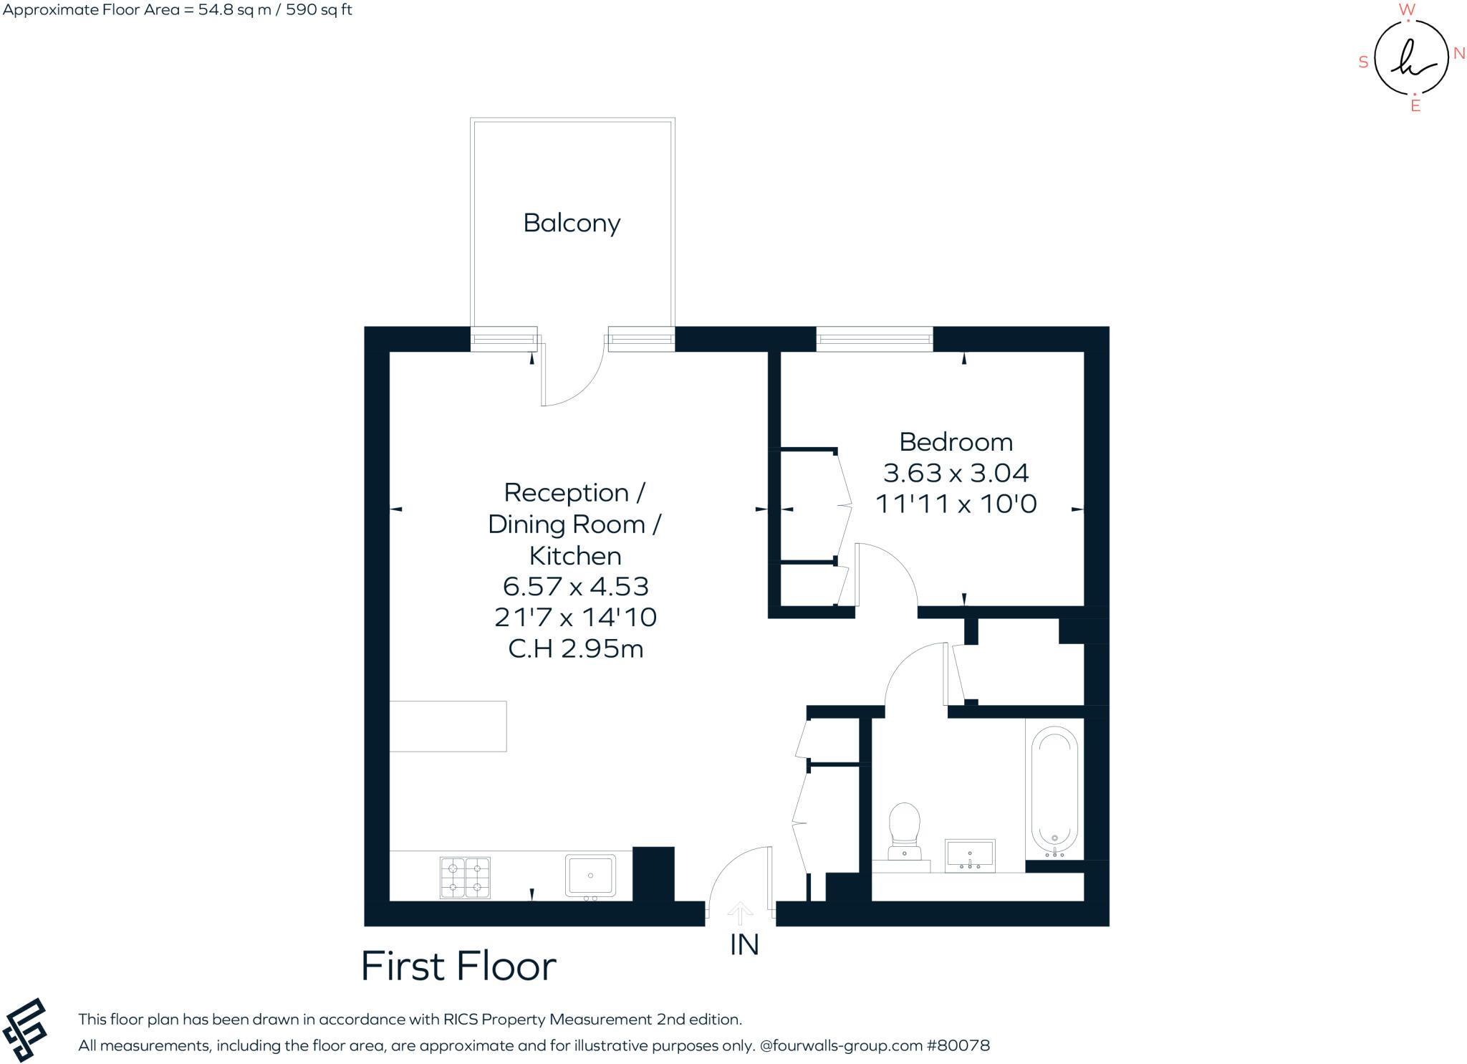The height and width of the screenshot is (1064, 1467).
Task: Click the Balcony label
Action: (x=572, y=223)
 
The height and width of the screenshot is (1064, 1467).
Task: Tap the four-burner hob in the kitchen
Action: (x=465, y=877)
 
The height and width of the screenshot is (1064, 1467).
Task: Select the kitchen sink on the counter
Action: (x=590, y=876)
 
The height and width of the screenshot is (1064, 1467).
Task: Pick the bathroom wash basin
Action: (x=970, y=855)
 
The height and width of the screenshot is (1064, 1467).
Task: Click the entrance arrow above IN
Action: (x=740, y=913)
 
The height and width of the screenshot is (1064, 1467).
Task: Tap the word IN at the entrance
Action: (x=744, y=945)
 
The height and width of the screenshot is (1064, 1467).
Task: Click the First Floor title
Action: (x=458, y=966)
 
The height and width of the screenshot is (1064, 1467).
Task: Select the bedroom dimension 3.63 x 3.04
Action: (x=956, y=473)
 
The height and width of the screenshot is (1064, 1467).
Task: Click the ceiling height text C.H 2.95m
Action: (x=575, y=648)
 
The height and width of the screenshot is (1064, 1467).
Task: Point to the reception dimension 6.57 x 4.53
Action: (x=575, y=586)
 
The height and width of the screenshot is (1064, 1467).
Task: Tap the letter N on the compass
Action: (x=1459, y=54)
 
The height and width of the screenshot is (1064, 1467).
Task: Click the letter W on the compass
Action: (x=1407, y=9)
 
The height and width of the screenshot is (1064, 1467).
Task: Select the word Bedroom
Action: (x=956, y=442)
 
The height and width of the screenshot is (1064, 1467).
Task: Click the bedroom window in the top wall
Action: (x=875, y=339)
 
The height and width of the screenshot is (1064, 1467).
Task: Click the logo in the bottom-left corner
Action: (x=24, y=1029)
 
